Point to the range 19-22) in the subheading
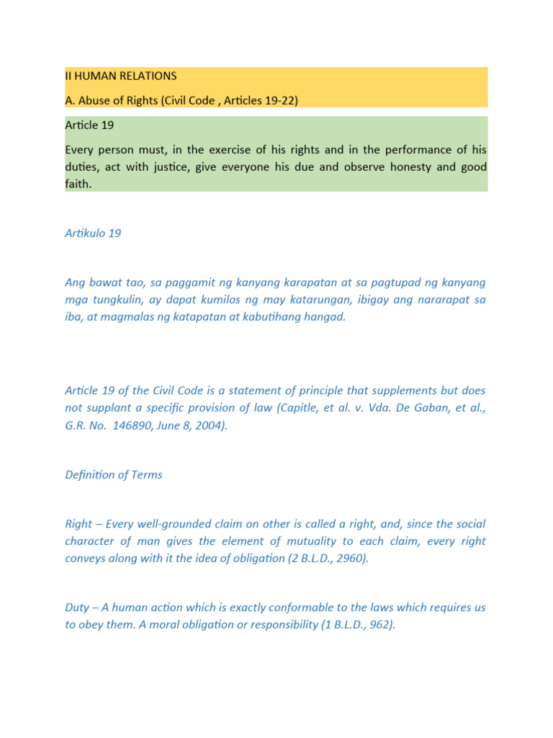click(277, 101)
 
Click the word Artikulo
click(85, 234)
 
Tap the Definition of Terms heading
click(114, 475)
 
